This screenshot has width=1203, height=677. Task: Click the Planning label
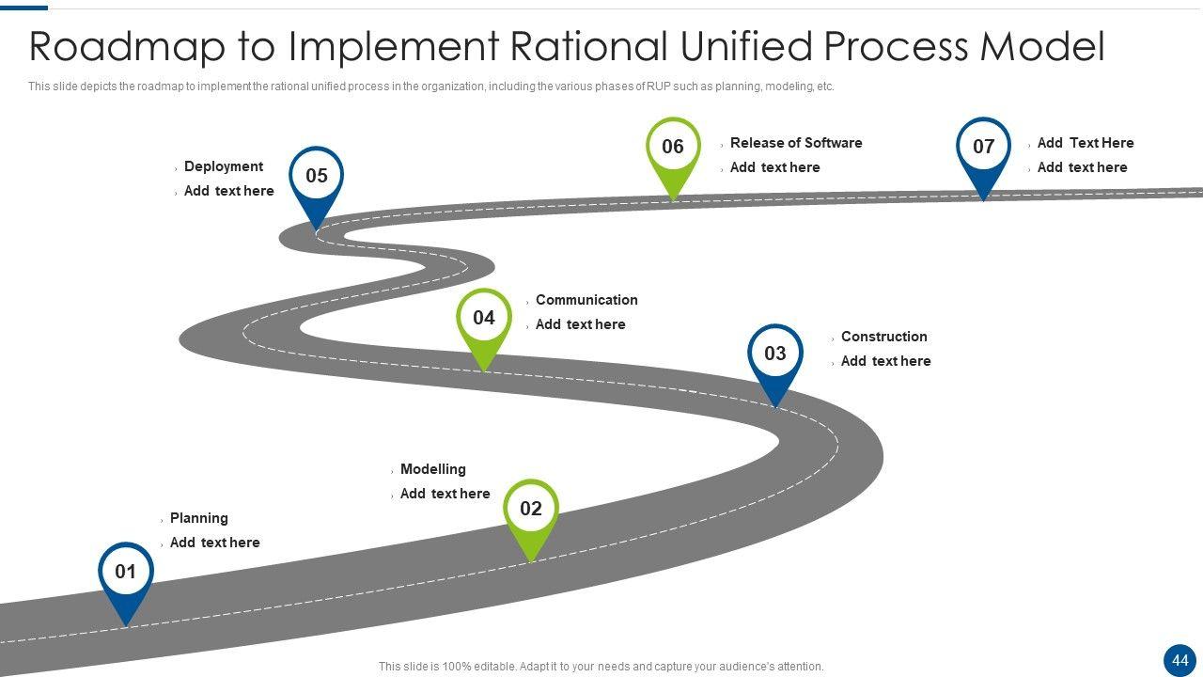click(199, 518)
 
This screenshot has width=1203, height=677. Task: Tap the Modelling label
click(433, 469)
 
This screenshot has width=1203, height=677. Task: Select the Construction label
click(884, 337)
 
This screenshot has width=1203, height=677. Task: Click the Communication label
click(586, 300)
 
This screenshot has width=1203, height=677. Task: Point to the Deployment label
click(224, 166)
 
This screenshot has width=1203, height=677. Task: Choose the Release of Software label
click(796, 143)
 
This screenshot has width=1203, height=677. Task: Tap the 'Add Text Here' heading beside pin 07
click(1086, 143)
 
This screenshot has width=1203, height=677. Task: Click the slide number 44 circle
click(1180, 660)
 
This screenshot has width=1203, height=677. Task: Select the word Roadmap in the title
click(127, 47)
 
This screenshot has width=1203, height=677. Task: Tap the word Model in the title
click(1042, 46)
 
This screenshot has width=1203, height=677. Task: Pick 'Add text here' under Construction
click(885, 361)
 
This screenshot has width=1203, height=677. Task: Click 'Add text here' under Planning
click(215, 543)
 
